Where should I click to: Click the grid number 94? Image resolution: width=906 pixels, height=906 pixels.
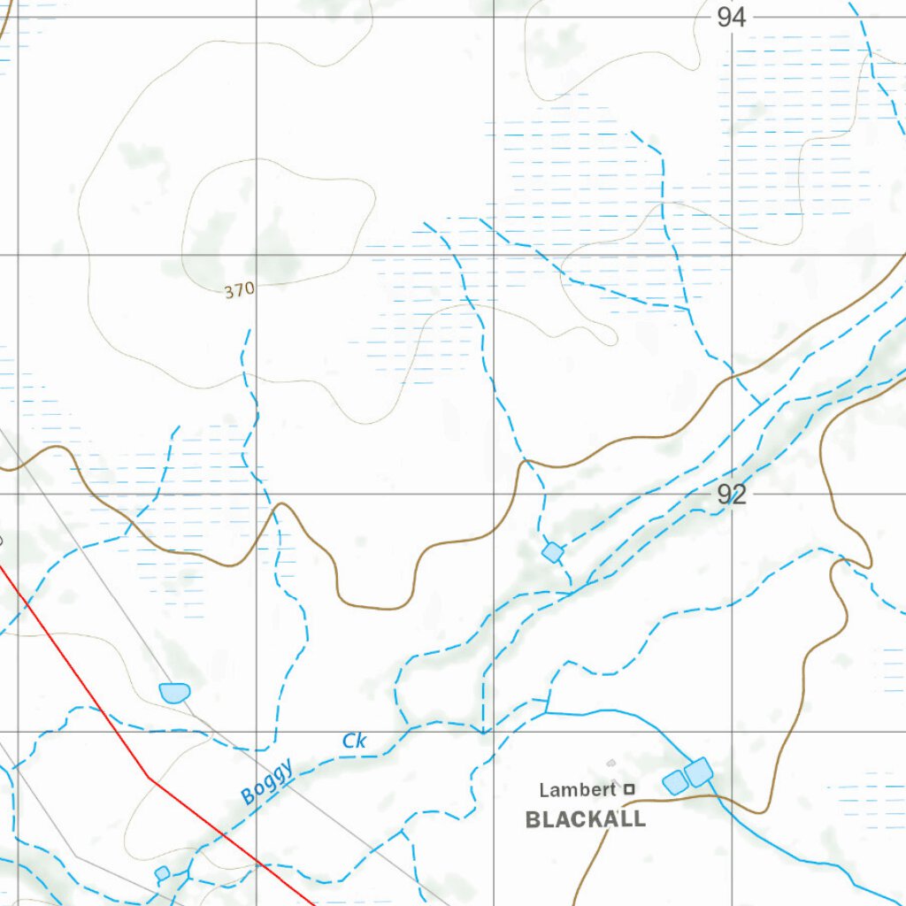(732, 17)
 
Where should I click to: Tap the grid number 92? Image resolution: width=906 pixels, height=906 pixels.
(732, 495)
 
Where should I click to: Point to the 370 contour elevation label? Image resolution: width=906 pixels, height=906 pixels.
(239, 289)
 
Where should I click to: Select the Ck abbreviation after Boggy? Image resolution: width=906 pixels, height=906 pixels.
(354, 741)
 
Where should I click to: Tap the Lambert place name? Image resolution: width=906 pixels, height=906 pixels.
(578, 789)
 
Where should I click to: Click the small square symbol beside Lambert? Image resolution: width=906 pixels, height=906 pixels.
(629, 788)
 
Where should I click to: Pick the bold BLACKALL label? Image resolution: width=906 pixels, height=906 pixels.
(586, 819)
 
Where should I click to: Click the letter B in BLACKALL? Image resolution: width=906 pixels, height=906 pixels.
(534, 819)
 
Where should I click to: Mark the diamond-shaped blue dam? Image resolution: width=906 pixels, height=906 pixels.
(553, 553)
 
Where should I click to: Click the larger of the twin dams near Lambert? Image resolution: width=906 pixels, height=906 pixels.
(699, 772)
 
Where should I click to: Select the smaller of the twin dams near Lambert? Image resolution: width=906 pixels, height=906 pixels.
(675, 782)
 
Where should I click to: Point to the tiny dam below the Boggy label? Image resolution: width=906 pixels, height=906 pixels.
(162, 873)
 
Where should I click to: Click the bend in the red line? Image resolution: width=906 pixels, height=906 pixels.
(150, 778)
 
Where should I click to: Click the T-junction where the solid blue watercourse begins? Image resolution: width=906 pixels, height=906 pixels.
(547, 711)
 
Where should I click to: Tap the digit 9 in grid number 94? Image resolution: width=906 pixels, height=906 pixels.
(724, 17)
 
